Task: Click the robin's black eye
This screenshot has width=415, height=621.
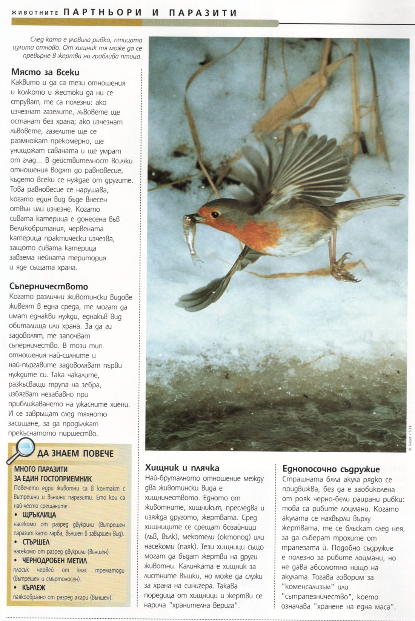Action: coord(215,214)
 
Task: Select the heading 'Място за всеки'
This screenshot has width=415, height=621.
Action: coord(45,72)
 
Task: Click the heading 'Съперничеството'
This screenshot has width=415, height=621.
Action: coord(49,286)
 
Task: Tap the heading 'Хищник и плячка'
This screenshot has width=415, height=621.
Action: coord(182,468)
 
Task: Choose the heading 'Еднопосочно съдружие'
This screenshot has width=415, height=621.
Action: coord(331,469)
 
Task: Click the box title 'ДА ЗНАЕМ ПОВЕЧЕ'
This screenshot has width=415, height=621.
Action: coord(75,453)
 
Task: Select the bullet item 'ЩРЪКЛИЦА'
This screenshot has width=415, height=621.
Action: coord(39,515)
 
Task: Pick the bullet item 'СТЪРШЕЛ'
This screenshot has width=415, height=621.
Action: coord(36,542)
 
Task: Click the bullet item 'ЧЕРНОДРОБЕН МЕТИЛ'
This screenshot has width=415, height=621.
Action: coord(55,560)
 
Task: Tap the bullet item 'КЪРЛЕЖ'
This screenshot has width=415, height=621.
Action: coord(34,587)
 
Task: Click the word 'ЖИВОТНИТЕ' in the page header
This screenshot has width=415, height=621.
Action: coord(35,13)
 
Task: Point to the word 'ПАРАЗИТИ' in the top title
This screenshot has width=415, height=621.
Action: coord(203,13)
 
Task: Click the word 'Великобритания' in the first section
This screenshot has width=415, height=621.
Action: coord(36,229)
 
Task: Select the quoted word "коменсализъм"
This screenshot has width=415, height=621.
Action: coord(308,587)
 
